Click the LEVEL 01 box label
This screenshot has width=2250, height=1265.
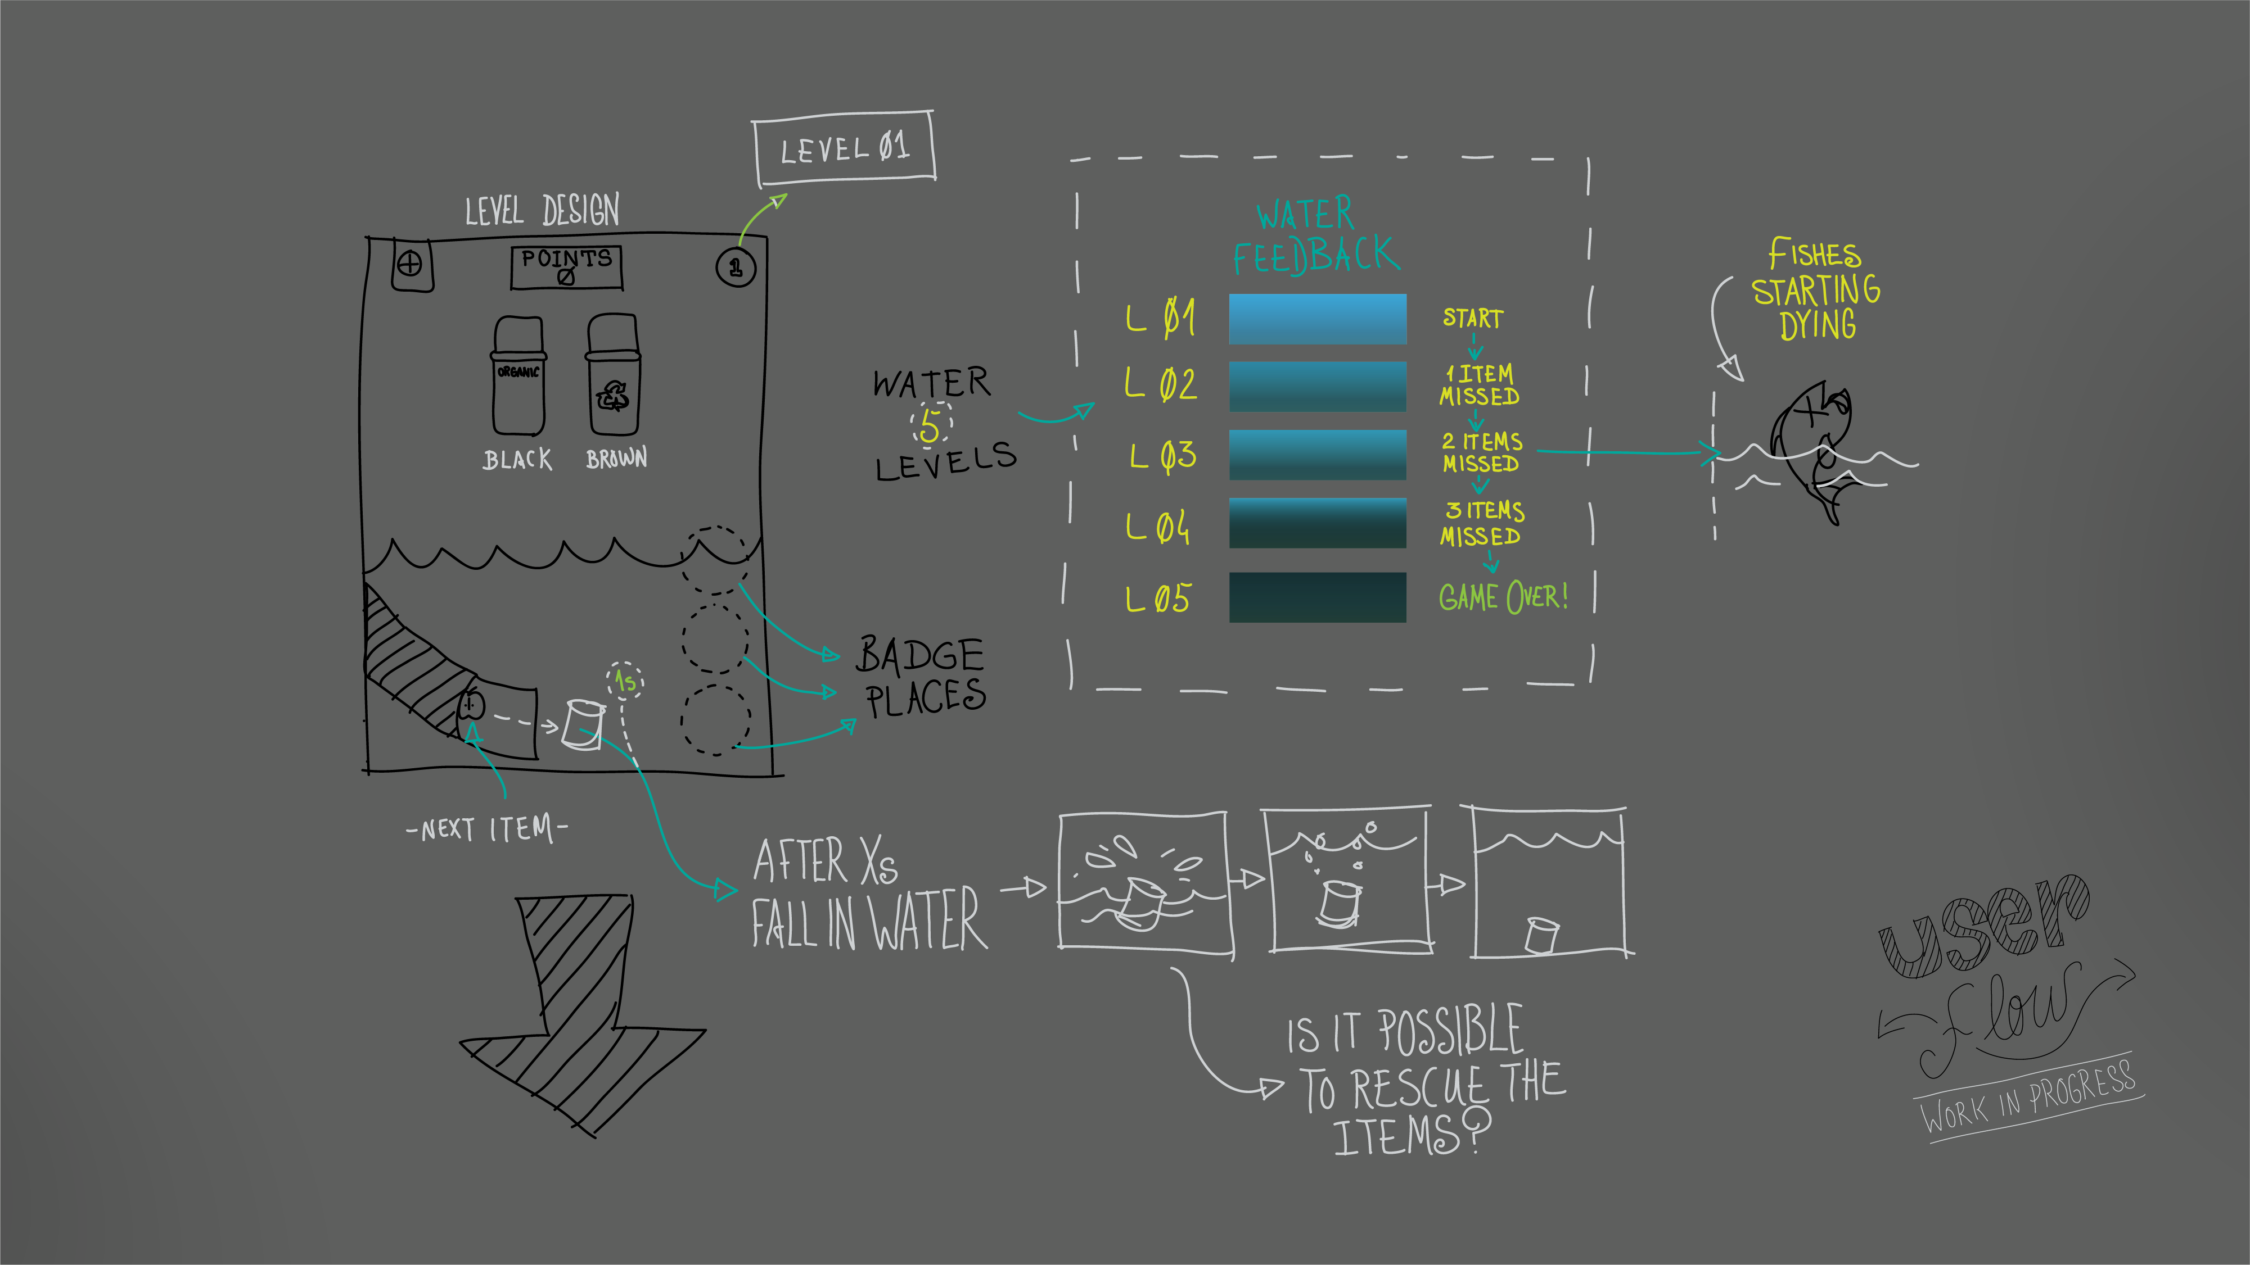pos(845,148)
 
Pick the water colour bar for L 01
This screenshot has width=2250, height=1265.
pos(1317,319)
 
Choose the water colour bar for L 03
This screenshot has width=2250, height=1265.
pos(1317,455)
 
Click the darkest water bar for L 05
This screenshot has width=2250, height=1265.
pos(1317,597)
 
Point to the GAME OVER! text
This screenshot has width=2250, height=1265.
pos(1502,597)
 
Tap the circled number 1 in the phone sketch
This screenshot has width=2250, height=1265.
pos(736,267)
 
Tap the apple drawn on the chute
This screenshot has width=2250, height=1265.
pos(472,704)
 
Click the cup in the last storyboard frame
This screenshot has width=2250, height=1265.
pos(1541,935)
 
